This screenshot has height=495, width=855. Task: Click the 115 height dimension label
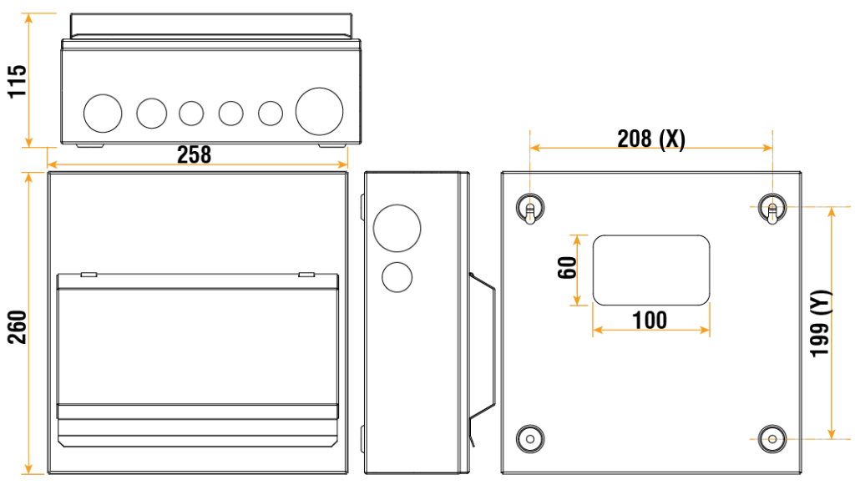pos(18,81)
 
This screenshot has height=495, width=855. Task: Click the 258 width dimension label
pos(194,154)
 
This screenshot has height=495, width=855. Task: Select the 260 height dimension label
pos(18,326)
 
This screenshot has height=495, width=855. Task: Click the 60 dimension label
pos(568,269)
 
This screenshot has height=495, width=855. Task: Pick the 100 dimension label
pos(650,320)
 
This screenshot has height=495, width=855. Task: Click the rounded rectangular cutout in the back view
pos(651,270)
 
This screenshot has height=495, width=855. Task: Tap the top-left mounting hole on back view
pos(530,206)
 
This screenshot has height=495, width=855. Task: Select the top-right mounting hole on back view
pos(772,207)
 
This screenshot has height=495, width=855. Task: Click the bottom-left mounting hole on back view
pos(530,437)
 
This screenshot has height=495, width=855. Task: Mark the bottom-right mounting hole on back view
pos(772,437)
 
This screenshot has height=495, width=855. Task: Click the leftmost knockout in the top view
pos(102,113)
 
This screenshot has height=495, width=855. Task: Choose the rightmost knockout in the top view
pos(320,111)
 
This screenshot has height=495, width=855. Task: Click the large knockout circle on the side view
pos(397,227)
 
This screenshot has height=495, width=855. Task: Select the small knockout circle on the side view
pos(397,276)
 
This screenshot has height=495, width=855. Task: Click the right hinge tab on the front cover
pos(306,274)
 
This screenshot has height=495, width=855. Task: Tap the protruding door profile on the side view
pos(482,351)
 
